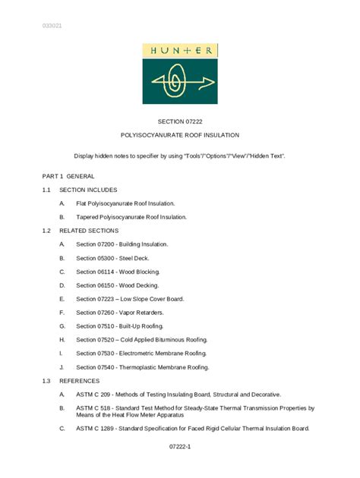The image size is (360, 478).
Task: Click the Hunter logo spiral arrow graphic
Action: pos(179,82)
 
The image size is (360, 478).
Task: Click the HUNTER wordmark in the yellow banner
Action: pos(180,51)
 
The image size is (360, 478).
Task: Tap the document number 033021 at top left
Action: pos(52,26)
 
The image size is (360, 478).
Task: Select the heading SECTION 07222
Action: pos(180,121)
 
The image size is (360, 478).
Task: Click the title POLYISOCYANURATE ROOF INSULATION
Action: pos(180,135)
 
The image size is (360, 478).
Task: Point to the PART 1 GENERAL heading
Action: pos(68,176)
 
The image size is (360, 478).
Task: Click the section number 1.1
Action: pos(46,190)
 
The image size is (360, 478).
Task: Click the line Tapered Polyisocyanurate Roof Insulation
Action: pos(131,217)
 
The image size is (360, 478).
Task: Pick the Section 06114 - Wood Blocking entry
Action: pos(118,272)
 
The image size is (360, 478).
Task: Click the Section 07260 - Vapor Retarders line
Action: pos(119,313)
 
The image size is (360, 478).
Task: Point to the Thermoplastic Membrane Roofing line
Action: pos(142,367)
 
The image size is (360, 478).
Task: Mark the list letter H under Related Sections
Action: pos(62,340)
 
